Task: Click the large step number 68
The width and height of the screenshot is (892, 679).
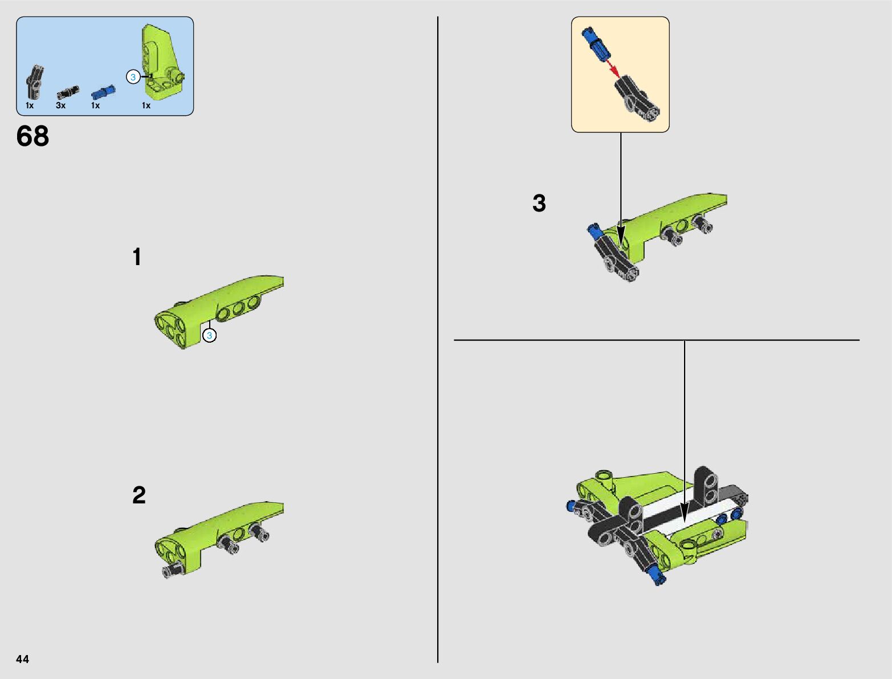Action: [32, 136]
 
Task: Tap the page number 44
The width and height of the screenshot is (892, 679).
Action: [22, 658]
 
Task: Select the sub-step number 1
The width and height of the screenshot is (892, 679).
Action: [137, 257]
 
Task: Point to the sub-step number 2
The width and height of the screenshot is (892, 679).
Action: [139, 495]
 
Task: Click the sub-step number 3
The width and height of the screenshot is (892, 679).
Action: [539, 203]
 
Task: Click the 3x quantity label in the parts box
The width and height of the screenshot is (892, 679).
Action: [60, 105]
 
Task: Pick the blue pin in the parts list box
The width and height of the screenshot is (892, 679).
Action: [103, 92]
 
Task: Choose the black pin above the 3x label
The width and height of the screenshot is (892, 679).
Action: [68, 92]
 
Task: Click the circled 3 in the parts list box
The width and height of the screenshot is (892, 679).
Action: [133, 77]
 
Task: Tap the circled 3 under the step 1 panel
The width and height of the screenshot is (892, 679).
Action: [209, 335]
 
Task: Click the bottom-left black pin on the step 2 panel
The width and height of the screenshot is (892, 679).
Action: [172, 569]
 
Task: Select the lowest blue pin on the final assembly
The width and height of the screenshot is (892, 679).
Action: [658, 578]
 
